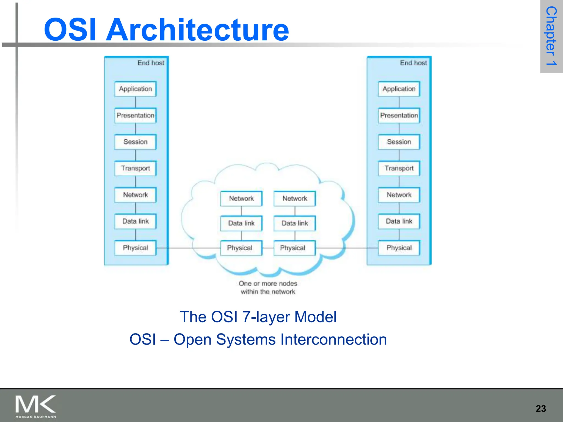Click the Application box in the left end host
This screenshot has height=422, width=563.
(135, 89)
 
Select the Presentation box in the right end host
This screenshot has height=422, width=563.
(399, 115)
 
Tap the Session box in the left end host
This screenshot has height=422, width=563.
(135, 142)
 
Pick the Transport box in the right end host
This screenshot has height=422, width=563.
(399, 168)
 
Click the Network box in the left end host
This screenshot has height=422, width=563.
(135, 195)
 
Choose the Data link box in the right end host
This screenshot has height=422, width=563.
(399, 221)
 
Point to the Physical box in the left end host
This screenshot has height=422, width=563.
(135, 248)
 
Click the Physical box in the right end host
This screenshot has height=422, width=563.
(399, 248)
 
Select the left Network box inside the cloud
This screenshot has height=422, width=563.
(241, 198)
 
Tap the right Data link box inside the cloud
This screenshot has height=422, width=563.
(295, 223)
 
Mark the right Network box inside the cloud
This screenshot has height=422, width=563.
(295, 198)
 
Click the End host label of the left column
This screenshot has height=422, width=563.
(151, 63)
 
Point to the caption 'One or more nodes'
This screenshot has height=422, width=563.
(268, 284)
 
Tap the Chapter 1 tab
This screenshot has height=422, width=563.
(551, 36)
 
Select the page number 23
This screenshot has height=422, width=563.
(541, 409)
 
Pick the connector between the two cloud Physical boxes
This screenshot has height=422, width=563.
(268, 248)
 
